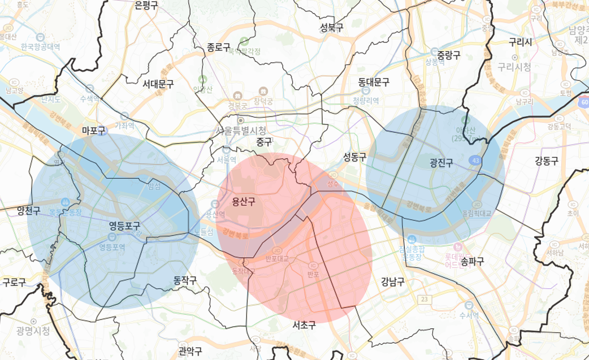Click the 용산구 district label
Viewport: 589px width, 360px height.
pyautogui.click(x=244, y=201)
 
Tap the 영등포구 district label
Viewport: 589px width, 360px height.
pyautogui.click(x=124, y=226)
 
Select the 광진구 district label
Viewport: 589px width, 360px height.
pyautogui.click(x=441, y=163)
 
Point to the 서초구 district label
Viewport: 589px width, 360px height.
pyautogui.click(x=304, y=325)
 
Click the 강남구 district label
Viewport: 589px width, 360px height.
pyautogui.click(x=392, y=281)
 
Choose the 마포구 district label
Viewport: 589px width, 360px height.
pyautogui.click(x=94, y=131)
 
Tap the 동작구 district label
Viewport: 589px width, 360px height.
pyautogui.click(x=185, y=280)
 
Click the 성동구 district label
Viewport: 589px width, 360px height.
pyautogui.click(x=355, y=157)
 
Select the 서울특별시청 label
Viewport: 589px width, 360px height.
pyautogui.click(x=244, y=130)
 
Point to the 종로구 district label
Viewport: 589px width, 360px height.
pyautogui.click(x=219, y=47)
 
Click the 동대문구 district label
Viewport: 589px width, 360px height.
pyautogui.click(x=374, y=82)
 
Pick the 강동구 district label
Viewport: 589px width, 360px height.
pyautogui.click(x=547, y=161)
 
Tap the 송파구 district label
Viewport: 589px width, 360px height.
pyautogui.click(x=473, y=261)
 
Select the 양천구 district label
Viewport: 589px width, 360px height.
pyautogui.click(x=28, y=211)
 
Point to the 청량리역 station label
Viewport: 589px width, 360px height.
pyautogui.click(x=366, y=101)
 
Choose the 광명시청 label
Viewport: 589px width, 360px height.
pyautogui.click(x=33, y=331)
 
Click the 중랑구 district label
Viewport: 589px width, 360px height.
pyautogui.click(x=449, y=55)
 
